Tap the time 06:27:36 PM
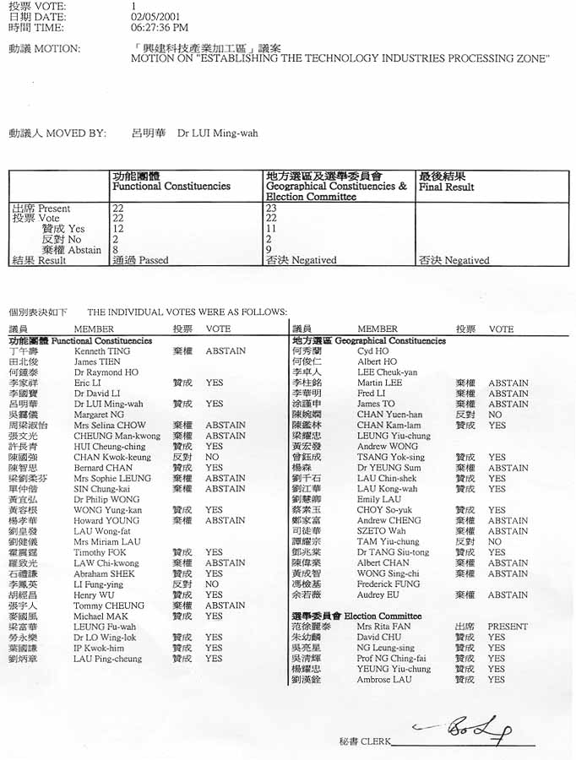(160, 28)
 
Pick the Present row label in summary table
(41, 208)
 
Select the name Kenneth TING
(102, 351)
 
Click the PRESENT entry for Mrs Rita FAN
(508, 627)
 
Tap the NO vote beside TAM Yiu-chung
(495, 541)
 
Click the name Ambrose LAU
(384, 679)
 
